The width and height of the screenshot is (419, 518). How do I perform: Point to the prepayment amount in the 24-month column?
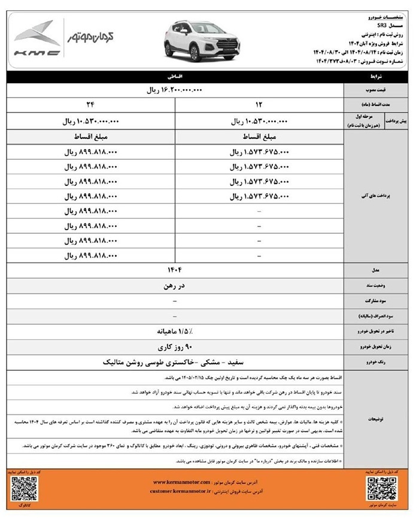coord(90,121)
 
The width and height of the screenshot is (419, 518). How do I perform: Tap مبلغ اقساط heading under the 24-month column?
coord(90,138)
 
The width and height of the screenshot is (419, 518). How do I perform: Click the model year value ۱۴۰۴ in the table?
coord(174,270)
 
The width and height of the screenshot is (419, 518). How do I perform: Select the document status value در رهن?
coord(174,285)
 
